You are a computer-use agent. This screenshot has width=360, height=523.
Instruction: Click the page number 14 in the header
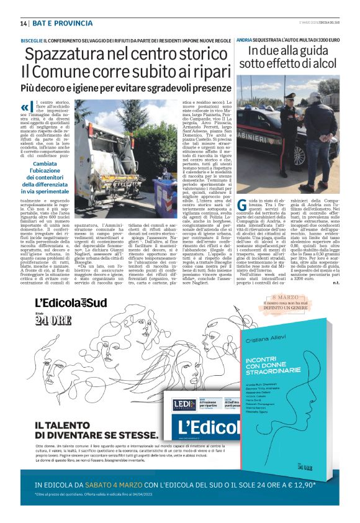pos(24,23)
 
